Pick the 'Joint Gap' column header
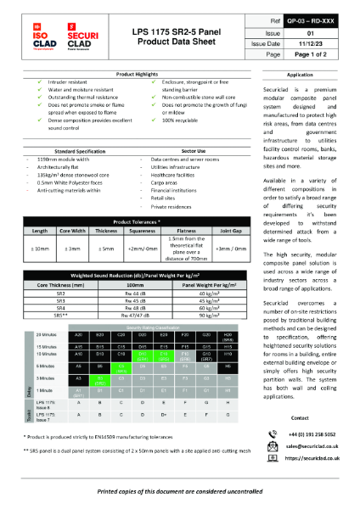pos(231,206)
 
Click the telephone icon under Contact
pos(273,432)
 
